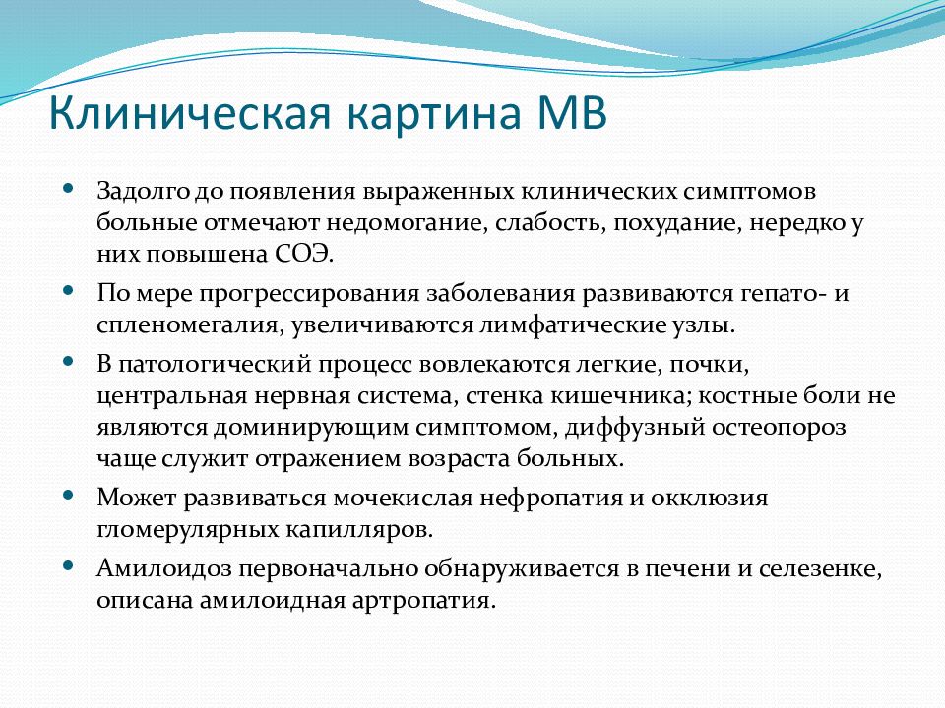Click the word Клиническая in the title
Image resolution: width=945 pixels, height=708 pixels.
pyautogui.click(x=190, y=112)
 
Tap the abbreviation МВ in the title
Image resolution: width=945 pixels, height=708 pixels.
pyautogui.click(x=571, y=112)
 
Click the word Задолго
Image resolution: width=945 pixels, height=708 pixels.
pyautogui.click(x=142, y=192)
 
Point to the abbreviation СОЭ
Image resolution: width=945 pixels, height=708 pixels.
pyautogui.click(x=304, y=254)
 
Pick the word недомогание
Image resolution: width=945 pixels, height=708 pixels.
pyautogui.click(x=407, y=224)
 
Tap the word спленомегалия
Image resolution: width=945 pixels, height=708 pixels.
pyautogui.click(x=190, y=325)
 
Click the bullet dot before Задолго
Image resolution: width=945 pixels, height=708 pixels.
pyautogui.click(x=68, y=188)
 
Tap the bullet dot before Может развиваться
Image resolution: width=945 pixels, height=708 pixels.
pyautogui.click(x=68, y=495)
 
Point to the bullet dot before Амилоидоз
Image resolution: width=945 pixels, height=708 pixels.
pyautogui.click(x=68, y=565)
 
